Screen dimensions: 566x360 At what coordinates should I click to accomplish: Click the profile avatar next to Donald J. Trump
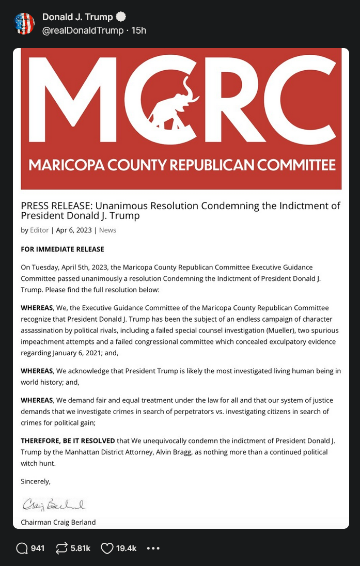click(24, 24)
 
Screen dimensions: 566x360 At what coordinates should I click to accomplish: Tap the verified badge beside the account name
click(121, 18)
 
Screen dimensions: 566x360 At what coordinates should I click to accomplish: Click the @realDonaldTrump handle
click(83, 30)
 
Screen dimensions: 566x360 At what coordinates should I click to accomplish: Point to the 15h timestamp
click(139, 30)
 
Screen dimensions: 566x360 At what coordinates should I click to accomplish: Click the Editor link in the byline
click(39, 230)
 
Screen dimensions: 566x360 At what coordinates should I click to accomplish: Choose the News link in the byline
click(107, 230)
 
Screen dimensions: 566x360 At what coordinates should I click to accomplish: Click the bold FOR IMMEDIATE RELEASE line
click(62, 249)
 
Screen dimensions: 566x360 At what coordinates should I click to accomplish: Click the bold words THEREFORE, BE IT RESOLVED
click(68, 441)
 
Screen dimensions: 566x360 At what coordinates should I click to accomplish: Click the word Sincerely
click(36, 481)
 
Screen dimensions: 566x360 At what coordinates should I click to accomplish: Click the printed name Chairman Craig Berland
click(58, 522)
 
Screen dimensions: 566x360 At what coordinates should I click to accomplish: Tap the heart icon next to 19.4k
click(106, 548)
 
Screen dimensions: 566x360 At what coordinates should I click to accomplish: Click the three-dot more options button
click(153, 548)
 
